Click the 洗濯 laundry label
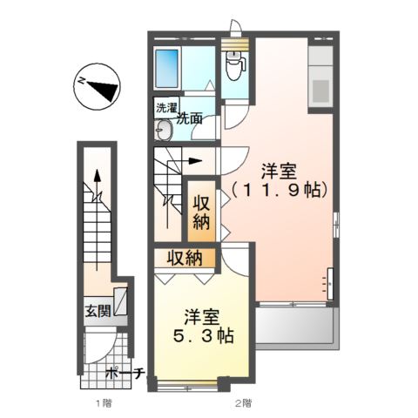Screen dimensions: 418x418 [x=164, y=109]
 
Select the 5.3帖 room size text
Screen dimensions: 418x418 [x=200, y=336]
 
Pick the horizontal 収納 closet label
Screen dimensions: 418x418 [x=185, y=258]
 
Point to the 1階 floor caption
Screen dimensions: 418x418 [x=103, y=404]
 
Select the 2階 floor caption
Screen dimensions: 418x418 [x=243, y=404]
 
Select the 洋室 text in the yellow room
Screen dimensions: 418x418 [x=200, y=317]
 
